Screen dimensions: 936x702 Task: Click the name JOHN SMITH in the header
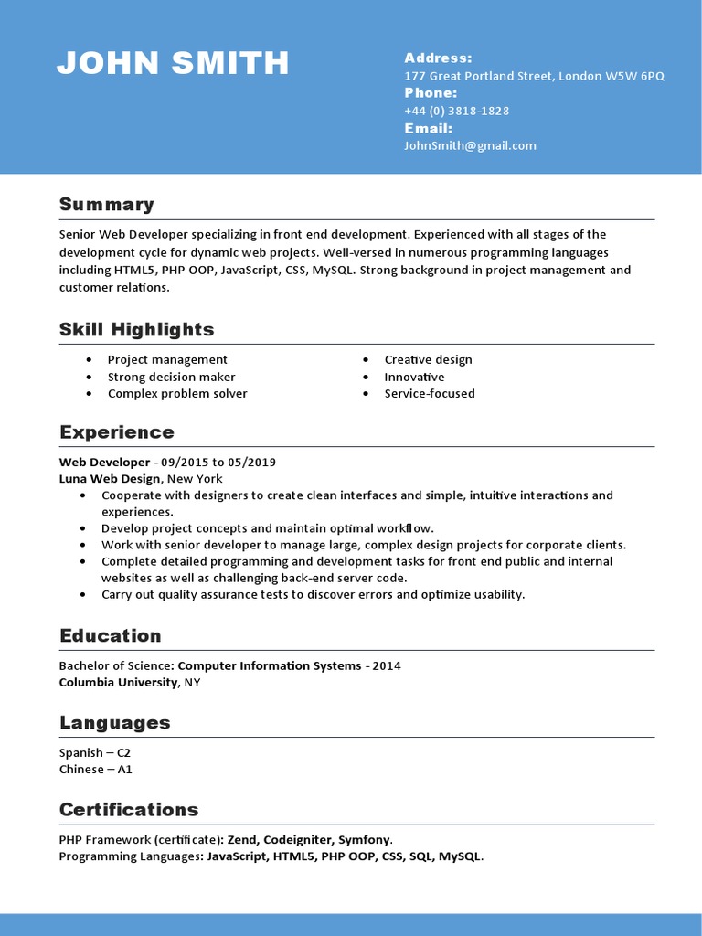point(173,63)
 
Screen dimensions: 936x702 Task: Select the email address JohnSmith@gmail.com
point(470,145)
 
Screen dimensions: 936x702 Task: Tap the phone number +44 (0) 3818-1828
point(456,111)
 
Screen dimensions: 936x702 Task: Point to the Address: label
point(438,58)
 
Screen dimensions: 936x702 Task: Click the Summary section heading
point(106,205)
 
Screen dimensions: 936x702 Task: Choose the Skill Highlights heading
point(136,330)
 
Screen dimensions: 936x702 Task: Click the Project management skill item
point(167,360)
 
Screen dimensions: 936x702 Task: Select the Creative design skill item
point(428,360)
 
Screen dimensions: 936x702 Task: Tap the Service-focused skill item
point(429,394)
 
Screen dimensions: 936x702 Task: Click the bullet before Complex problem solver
point(89,394)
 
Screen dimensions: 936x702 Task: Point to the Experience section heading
point(116,432)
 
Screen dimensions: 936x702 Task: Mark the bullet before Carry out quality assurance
point(82,595)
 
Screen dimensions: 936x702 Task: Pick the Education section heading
point(110,636)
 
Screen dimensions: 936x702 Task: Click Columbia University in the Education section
point(118,683)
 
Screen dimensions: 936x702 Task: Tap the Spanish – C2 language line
point(95,753)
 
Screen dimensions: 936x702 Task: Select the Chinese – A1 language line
point(95,770)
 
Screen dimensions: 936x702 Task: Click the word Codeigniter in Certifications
point(297,840)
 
